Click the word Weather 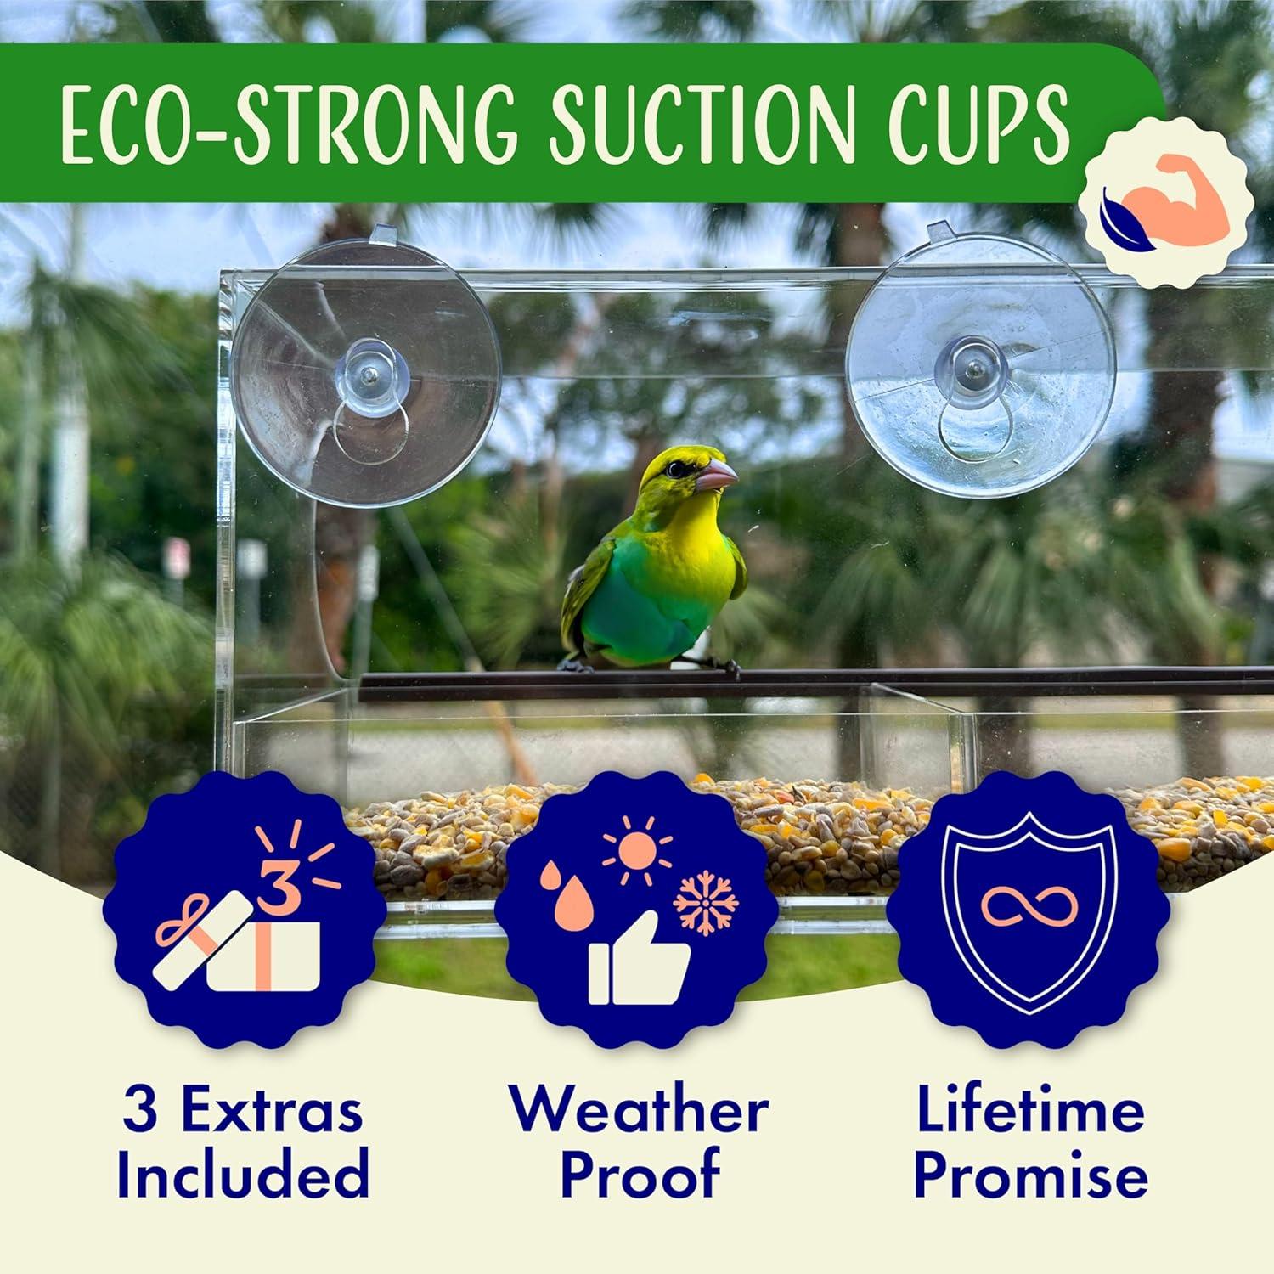click(639, 1112)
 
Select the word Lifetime click(1030, 1112)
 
